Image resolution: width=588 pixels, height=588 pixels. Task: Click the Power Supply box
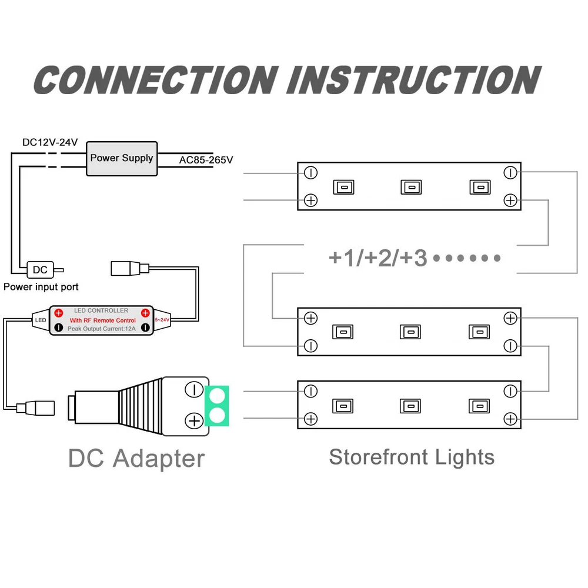[122, 158]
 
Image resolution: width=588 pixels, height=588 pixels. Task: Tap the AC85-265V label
[206, 159]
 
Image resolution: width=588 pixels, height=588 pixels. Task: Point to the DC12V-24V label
[50, 143]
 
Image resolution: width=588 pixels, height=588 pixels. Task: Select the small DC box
[40, 270]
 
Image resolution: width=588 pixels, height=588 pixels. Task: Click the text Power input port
[41, 287]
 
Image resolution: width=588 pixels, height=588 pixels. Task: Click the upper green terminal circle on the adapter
[218, 394]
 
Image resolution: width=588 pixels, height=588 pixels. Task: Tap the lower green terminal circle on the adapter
[218, 417]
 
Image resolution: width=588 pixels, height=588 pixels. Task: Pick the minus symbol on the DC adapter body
[193, 389]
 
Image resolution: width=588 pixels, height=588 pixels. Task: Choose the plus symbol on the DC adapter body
[193, 420]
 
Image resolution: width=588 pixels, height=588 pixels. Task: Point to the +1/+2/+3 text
[378, 258]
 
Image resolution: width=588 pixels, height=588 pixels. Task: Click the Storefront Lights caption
[412, 457]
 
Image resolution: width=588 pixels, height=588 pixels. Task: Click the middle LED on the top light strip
[410, 187]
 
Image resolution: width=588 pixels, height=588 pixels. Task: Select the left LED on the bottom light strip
[343, 406]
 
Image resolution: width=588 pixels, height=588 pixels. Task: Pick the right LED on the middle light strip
[479, 332]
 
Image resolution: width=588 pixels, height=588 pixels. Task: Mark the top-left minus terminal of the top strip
[311, 173]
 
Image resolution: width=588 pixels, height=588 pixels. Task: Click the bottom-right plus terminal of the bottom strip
[510, 419]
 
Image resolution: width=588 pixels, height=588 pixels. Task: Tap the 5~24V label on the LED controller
[162, 319]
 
